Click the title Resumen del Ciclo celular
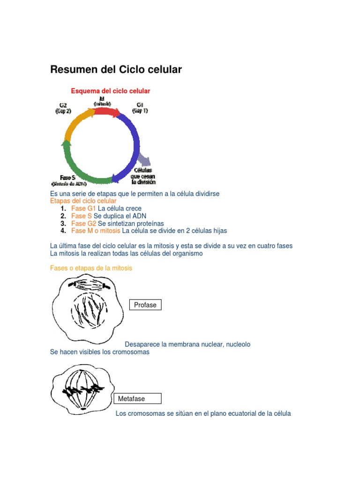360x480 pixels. coord(116,70)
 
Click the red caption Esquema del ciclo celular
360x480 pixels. coord(110,91)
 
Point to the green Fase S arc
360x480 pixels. coord(80,166)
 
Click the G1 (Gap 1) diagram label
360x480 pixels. coord(140,107)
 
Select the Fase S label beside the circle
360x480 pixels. coord(68,178)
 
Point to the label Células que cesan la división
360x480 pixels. coord(143,176)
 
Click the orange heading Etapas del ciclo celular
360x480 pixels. coord(83,201)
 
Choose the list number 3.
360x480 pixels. coord(63,223)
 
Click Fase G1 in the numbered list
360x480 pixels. coord(83,208)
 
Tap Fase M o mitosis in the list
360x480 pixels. coord(96,231)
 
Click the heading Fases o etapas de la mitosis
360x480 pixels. coord(91,268)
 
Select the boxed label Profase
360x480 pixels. coord(145,305)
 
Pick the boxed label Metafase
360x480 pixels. coord(137,399)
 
